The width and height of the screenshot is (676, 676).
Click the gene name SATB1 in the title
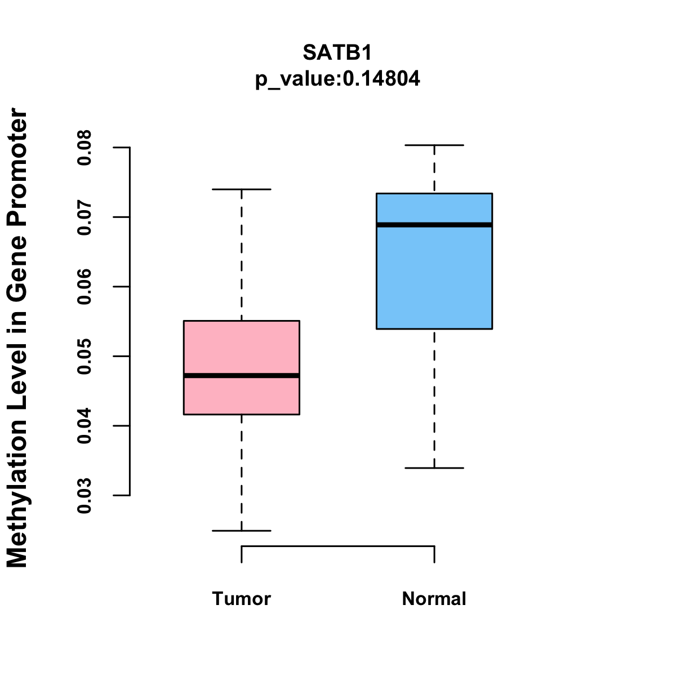(x=337, y=52)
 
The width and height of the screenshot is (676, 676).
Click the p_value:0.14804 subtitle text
(x=337, y=78)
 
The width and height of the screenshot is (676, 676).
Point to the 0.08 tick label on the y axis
(x=84, y=148)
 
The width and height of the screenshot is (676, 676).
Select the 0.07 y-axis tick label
(x=84, y=217)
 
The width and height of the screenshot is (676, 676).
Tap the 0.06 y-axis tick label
(x=84, y=287)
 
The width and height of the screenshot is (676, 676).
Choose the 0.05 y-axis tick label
(x=84, y=357)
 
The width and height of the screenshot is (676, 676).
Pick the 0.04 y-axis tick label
(x=84, y=426)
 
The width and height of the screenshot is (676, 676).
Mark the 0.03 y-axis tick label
(x=84, y=496)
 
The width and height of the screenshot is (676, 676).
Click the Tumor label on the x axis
(x=242, y=598)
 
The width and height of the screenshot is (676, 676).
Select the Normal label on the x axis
(x=434, y=598)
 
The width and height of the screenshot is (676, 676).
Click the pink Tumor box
(x=242, y=344)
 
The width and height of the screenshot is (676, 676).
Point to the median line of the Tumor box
(x=242, y=375)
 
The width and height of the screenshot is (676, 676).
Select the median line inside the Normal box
(x=434, y=225)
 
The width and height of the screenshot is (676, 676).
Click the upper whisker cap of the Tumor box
(x=242, y=189)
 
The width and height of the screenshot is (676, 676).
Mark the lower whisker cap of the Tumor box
(x=242, y=531)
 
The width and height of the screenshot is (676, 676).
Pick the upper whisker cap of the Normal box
(x=434, y=145)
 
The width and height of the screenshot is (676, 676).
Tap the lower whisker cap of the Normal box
(x=434, y=468)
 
